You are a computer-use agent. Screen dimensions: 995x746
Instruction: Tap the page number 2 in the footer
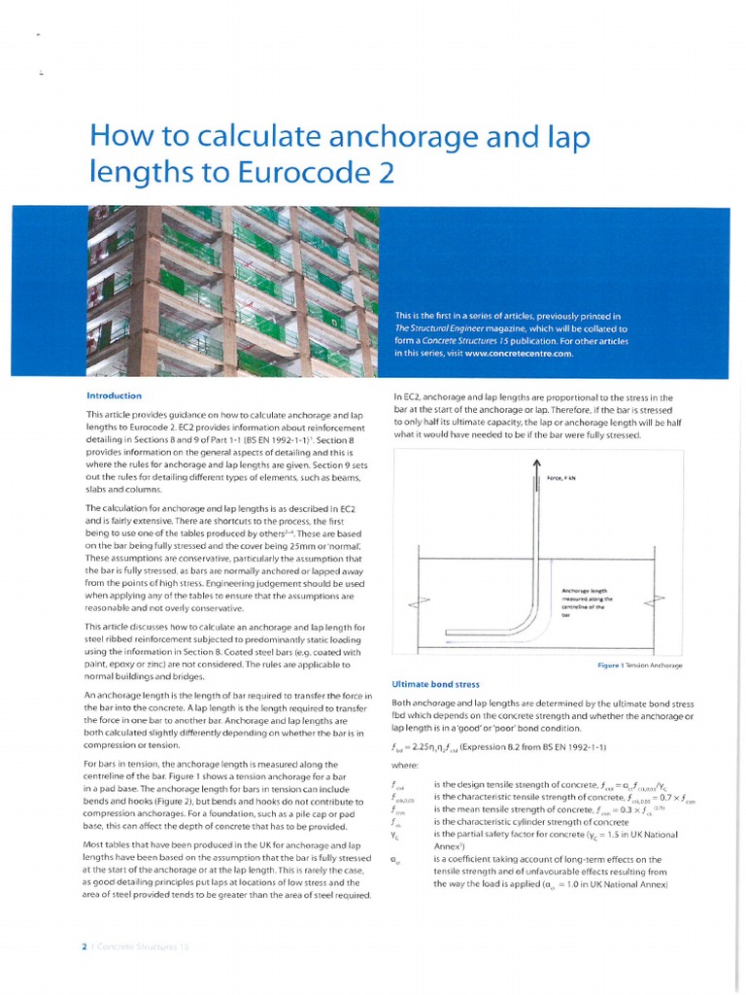85,944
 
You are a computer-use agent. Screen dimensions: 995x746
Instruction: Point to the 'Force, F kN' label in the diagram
561,478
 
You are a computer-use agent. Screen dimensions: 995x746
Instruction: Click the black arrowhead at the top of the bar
536,466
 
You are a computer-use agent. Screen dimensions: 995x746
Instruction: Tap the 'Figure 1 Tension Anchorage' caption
640,665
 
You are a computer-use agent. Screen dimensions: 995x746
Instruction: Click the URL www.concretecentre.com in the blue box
520,353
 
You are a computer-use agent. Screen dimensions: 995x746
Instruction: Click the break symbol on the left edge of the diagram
419,602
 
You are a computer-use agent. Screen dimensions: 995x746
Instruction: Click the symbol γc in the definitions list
393,835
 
